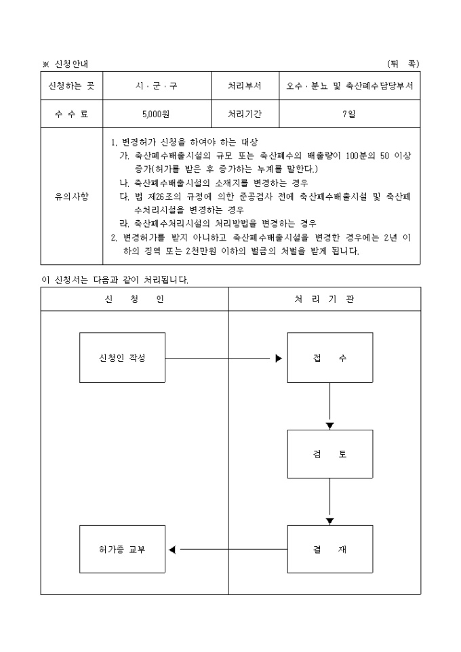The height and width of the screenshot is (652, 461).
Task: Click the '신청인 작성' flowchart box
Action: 122,358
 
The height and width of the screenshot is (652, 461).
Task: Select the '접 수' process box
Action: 329,358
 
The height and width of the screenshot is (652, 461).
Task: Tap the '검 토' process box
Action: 329,454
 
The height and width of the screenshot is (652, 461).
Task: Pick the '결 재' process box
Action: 329,550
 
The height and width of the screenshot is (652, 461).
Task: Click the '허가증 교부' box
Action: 122,550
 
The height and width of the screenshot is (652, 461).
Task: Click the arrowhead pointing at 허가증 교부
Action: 172,550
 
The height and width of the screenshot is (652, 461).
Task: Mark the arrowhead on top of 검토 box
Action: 329,426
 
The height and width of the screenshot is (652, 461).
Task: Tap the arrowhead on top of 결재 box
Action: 329,521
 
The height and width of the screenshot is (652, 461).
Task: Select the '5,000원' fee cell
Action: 156,114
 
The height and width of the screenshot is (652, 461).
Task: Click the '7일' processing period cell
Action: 349,114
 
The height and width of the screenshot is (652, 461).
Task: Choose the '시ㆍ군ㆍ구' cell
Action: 156,86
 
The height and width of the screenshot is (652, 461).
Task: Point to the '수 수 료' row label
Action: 71,114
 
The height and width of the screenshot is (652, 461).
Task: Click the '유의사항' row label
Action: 71,196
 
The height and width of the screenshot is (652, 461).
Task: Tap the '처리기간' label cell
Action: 245,114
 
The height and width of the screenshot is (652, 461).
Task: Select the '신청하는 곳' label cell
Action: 71,86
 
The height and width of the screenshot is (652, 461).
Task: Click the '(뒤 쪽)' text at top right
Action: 403,64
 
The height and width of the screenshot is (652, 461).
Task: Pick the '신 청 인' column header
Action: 134,299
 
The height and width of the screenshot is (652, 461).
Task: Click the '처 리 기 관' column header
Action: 324,299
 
